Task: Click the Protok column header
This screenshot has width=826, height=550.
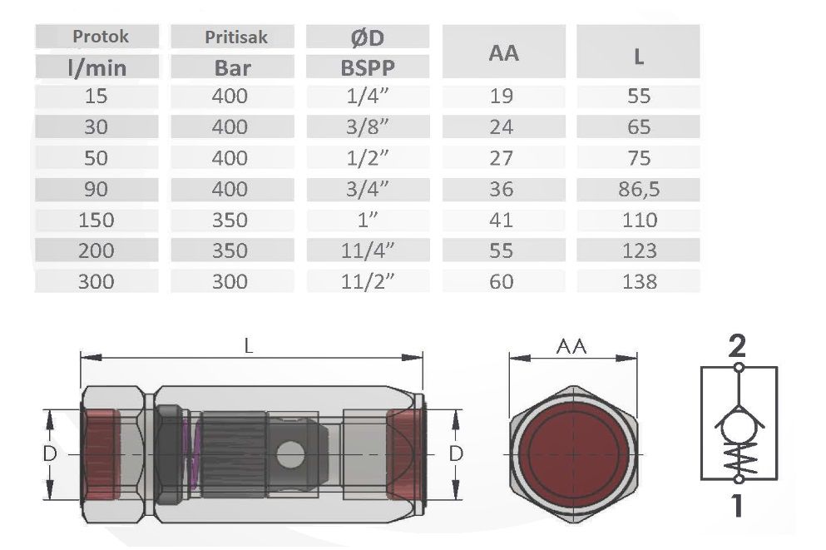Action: click(x=100, y=37)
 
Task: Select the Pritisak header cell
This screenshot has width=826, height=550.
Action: click(x=236, y=37)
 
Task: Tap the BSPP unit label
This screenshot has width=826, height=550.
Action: click(x=368, y=67)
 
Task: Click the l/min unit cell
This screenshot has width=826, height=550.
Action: click(x=97, y=67)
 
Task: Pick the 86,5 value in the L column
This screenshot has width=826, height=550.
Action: click(x=639, y=189)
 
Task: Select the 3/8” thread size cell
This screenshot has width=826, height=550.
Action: click(x=367, y=127)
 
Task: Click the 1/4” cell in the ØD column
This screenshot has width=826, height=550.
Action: click(x=367, y=96)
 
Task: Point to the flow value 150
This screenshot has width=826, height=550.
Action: click(x=96, y=220)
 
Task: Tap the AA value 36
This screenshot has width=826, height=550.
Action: click(x=501, y=189)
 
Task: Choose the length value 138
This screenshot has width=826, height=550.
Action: click(x=640, y=281)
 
